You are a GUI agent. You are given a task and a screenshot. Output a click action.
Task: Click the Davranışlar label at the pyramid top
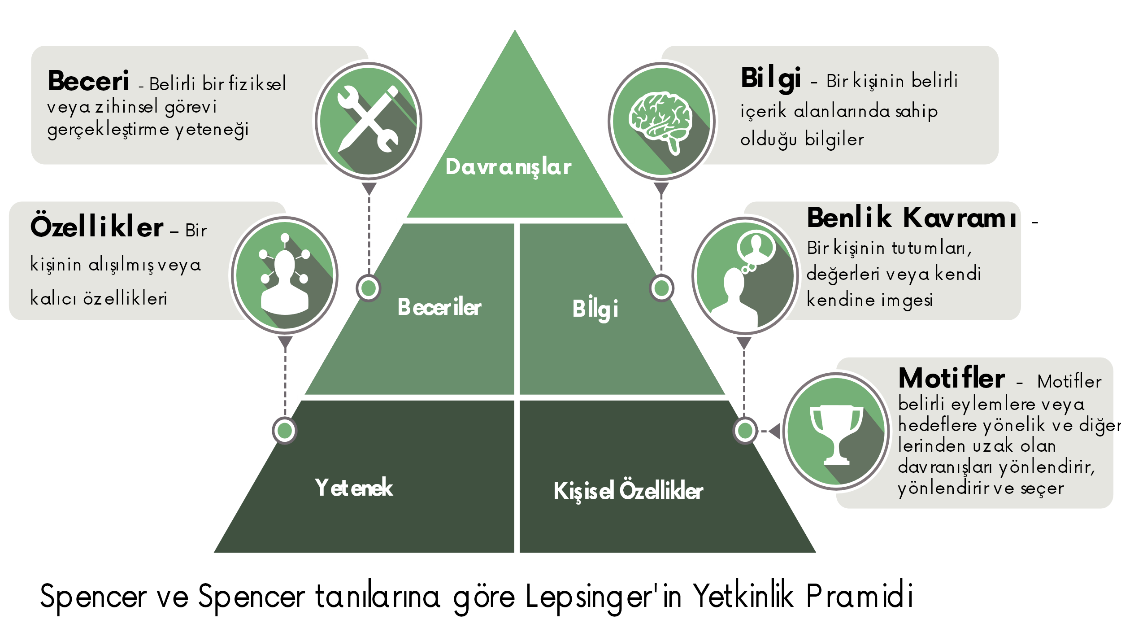508,167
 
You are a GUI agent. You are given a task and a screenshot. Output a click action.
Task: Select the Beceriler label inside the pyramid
439,307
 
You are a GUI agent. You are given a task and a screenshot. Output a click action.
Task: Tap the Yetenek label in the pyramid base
354,488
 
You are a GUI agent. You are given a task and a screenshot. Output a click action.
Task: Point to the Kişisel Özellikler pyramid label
628,491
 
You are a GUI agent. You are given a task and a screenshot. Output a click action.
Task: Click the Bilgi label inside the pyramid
595,309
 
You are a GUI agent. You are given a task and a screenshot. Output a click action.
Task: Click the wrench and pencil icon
368,121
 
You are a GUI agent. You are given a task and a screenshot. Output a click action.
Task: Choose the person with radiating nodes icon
285,275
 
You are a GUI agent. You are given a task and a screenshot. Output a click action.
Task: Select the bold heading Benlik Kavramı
911,218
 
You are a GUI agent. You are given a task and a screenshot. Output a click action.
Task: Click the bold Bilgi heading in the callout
770,78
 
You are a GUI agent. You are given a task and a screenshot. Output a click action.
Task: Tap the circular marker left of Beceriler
369,288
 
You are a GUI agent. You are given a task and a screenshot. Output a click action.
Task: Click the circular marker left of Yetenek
285,431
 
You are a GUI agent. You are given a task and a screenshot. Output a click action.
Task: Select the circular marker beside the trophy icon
745,431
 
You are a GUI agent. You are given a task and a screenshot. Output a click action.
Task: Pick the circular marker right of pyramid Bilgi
661,288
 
